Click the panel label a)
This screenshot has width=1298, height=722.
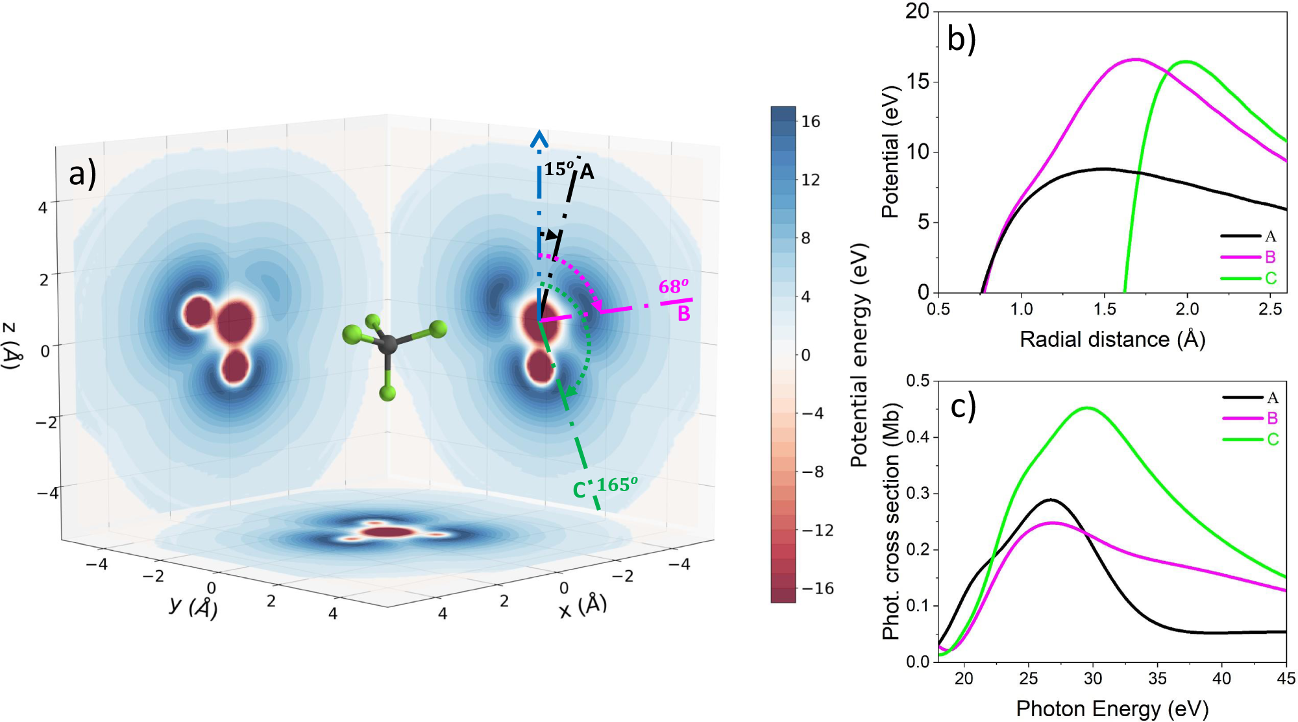click(82, 174)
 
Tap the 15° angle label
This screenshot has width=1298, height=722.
click(559, 169)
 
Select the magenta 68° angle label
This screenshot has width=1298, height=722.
click(673, 287)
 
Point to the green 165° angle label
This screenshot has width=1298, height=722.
click(617, 485)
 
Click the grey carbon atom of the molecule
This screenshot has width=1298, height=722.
click(387, 344)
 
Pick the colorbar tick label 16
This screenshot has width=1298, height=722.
click(811, 121)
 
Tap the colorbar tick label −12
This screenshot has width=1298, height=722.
click(818, 530)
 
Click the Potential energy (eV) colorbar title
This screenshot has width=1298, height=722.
click(859, 355)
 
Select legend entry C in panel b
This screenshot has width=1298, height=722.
click(1270, 278)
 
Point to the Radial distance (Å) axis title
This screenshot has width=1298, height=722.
click(1112, 339)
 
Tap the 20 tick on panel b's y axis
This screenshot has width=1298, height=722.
click(917, 11)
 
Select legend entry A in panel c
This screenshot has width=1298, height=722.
click(1272, 398)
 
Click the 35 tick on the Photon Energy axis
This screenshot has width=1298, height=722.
click(1157, 679)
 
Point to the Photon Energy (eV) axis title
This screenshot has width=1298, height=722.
click(1112, 708)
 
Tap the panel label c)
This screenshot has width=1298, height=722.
click(963, 407)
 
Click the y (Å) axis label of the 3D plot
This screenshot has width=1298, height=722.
click(193, 607)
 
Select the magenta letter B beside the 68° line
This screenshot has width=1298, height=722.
click(683, 314)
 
